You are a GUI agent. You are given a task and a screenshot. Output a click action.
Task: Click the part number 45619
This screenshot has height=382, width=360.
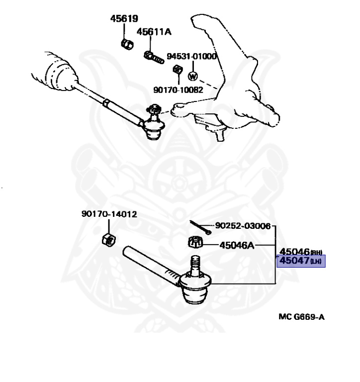(124, 19)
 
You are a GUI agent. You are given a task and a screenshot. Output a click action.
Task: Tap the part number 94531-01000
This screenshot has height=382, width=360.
(191, 56)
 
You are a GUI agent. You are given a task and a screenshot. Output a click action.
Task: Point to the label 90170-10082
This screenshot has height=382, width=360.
(179, 90)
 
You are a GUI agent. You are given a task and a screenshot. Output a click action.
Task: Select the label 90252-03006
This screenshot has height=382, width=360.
(243, 226)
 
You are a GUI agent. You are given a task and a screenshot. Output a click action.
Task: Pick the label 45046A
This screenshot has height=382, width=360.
(237, 245)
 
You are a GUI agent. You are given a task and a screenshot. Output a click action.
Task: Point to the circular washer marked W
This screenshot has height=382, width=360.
(193, 77)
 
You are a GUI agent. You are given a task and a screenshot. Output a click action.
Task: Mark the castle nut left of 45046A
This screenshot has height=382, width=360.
(195, 243)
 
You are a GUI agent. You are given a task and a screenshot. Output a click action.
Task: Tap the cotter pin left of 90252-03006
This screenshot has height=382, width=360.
(201, 227)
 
